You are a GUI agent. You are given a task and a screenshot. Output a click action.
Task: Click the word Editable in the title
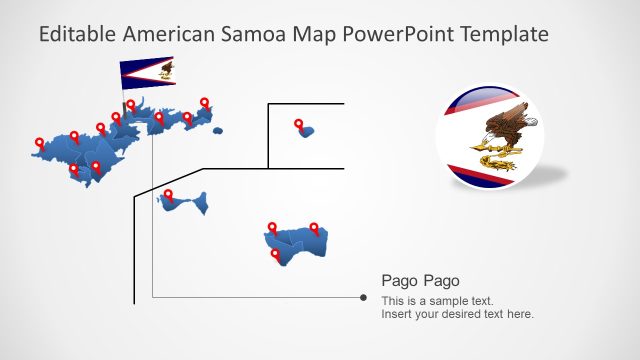click(x=77, y=34)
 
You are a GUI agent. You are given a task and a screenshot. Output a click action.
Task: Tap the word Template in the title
click(x=504, y=34)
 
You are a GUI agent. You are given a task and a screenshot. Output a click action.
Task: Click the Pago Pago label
click(x=420, y=281)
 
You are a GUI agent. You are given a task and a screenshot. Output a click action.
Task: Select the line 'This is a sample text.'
click(x=437, y=301)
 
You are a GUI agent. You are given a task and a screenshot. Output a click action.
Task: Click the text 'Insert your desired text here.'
click(x=457, y=314)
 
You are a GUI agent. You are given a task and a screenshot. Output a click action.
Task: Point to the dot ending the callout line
click(x=362, y=297)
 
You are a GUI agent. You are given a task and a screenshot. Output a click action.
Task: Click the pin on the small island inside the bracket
click(x=299, y=125)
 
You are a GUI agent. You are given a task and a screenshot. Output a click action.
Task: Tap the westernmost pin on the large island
click(x=39, y=144)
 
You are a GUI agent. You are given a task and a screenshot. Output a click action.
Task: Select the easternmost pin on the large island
click(x=205, y=103)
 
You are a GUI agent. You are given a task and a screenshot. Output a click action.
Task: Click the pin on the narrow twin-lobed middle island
click(x=168, y=195)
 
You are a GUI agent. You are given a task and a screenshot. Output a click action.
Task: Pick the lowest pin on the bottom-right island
click(x=277, y=256)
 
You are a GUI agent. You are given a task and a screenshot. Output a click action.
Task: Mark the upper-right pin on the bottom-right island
click(x=313, y=229)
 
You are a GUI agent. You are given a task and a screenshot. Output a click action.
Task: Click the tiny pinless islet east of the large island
click(x=217, y=130)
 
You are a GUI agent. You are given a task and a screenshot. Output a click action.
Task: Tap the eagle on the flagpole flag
click(x=165, y=70)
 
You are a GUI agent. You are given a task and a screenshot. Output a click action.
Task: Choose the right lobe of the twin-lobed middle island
click(x=201, y=205)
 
